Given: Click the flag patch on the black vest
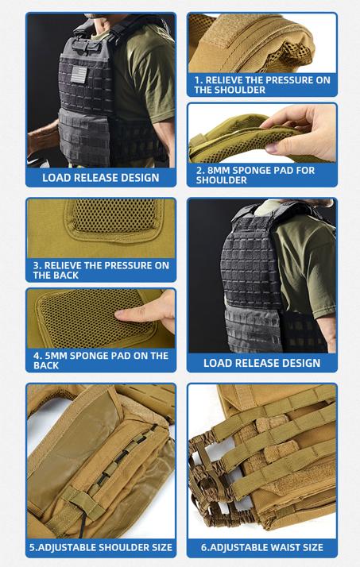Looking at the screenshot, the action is pyautogui.click(x=79, y=75).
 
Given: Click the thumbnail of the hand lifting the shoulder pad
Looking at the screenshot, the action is pyautogui.click(x=262, y=133).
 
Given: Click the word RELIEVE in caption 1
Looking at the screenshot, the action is pyautogui.click(x=224, y=80).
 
